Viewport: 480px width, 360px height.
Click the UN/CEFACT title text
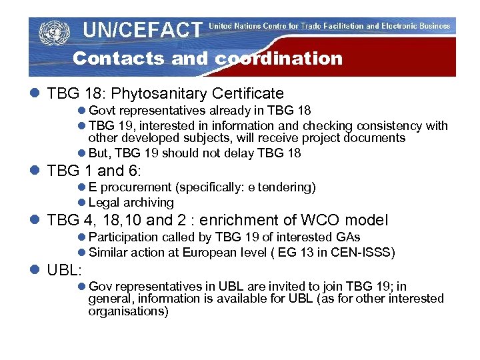[x=142, y=30]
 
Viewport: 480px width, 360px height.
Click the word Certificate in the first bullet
[x=251, y=94]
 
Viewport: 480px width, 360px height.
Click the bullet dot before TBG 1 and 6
[x=35, y=171]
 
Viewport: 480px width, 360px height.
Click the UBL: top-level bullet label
[x=64, y=270]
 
